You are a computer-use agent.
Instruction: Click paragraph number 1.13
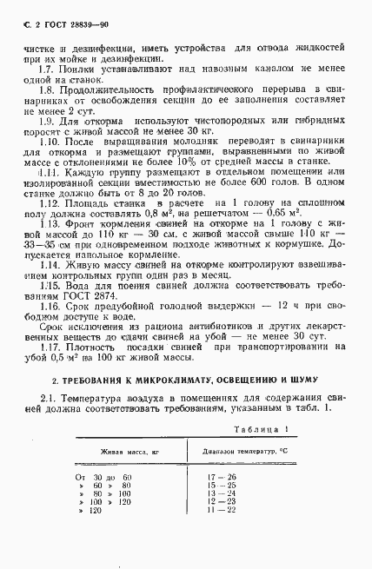coord(50,248)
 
